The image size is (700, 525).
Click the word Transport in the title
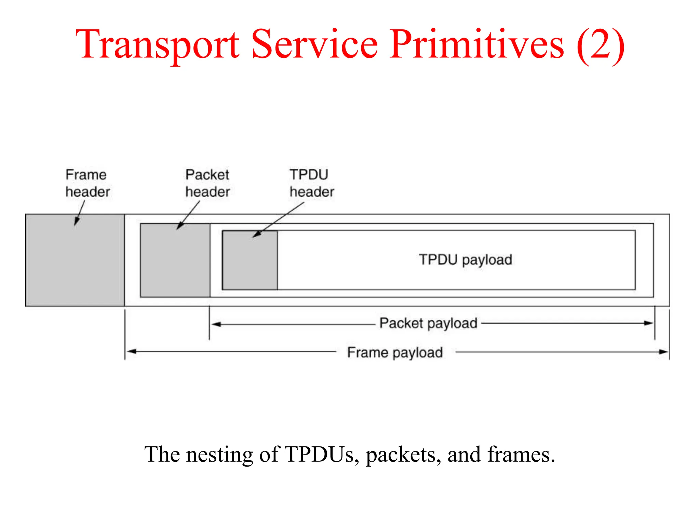click(157, 44)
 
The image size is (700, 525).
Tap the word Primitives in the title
click(476, 44)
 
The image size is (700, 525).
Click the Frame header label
click(87, 183)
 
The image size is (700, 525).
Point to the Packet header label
click(207, 183)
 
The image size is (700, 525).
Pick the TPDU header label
click(311, 183)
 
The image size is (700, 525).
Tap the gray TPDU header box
click(250, 263)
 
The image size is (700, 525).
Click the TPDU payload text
click(466, 260)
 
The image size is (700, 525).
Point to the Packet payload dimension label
click(428, 323)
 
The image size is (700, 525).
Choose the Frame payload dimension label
click(395, 352)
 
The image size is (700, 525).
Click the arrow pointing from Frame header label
click(80, 213)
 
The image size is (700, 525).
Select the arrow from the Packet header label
click(188, 215)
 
